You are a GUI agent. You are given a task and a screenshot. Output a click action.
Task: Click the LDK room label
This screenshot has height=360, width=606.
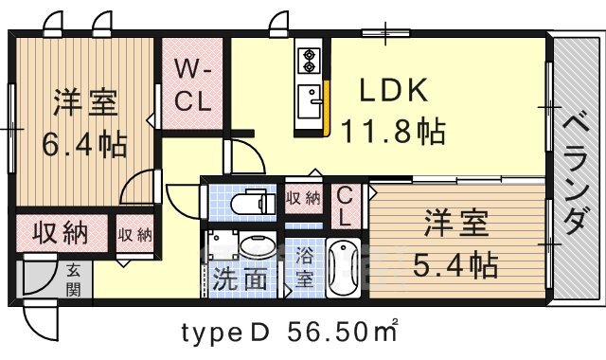[x=394, y=91]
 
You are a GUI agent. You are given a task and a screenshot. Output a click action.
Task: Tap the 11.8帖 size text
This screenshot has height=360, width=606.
[x=394, y=132]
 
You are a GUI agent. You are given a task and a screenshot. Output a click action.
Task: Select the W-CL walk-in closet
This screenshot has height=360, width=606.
[x=192, y=83]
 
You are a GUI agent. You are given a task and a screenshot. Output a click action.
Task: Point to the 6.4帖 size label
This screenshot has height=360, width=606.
[x=84, y=145]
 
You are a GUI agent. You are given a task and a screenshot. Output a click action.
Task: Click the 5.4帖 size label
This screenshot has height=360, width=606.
[x=455, y=265]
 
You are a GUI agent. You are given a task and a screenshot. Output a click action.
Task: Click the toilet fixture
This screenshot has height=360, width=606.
[x=253, y=202]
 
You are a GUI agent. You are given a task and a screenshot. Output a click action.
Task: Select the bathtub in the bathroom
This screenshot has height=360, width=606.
[x=343, y=267]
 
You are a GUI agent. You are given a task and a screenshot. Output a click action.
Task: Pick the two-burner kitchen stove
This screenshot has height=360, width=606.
[x=309, y=61]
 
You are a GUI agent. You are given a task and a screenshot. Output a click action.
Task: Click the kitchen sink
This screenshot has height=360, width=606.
[x=310, y=101]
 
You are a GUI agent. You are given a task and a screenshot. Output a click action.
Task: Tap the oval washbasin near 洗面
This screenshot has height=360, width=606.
[x=258, y=245]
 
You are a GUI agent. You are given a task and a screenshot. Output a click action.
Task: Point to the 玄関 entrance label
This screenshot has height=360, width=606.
[x=73, y=280]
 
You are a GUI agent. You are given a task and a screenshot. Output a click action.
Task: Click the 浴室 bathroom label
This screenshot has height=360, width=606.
[x=304, y=268]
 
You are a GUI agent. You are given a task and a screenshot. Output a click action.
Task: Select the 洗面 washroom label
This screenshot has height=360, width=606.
[x=240, y=279]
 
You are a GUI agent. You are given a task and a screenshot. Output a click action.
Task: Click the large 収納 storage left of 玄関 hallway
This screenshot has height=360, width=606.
[x=62, y=233]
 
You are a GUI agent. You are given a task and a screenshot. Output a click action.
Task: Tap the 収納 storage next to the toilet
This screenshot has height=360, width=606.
[x=303, y=198]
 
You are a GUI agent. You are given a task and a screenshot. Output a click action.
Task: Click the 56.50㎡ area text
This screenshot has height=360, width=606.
[x=342, y=332]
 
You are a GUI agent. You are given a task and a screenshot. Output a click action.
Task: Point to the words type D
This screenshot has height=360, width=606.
[x=225, y=333]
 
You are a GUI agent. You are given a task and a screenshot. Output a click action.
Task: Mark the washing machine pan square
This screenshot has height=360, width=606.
[x=223, y=245]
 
